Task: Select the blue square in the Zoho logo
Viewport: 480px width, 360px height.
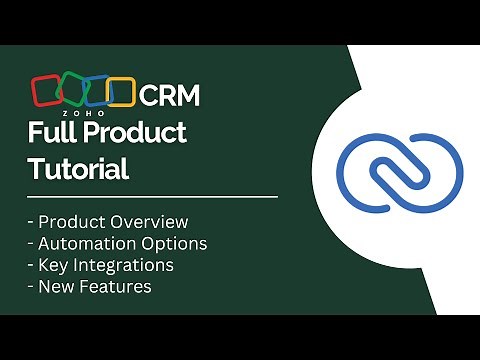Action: tap(96, 92)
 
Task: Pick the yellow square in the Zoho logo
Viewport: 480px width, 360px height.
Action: tap(120, 92)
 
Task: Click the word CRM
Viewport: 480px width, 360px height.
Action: tap(169, 96)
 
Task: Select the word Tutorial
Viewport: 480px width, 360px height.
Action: tap(78, 169)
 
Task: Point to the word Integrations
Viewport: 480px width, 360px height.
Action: tap(124, 265)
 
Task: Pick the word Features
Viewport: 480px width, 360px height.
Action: tap(116, 287)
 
